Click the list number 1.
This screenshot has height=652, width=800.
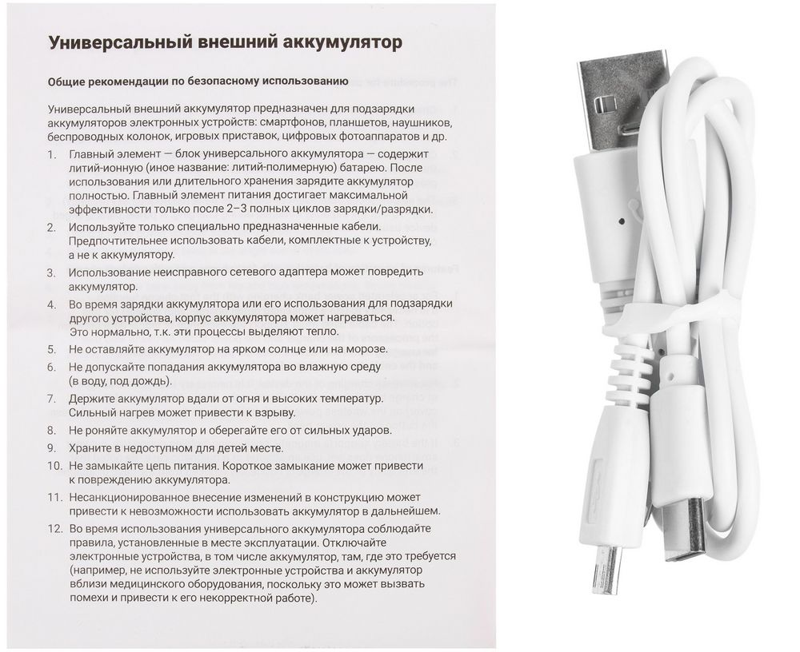click(52, 153)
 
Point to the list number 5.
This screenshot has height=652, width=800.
click(52, 349)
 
